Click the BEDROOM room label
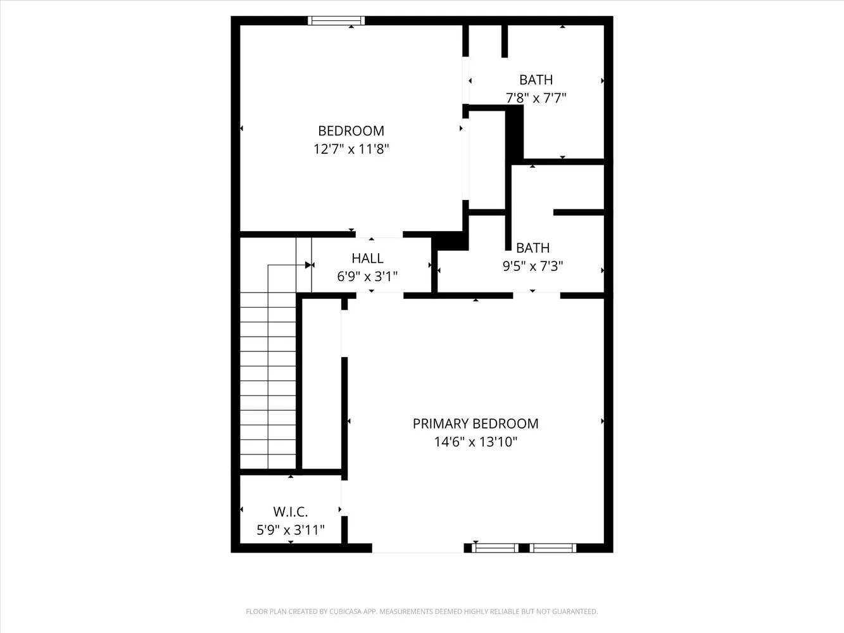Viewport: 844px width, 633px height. (x=351, y=131)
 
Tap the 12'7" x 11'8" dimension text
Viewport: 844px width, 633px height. (x=351, y=149)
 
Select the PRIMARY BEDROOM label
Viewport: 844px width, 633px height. (x=476, y=423)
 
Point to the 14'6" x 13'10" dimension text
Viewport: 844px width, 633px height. (x=476, y=442)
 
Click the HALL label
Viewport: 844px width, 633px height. (x=367, y=258)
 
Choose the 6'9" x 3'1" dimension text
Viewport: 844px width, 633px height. (x=367, y=277)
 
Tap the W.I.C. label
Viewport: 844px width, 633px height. (x=291, y=512)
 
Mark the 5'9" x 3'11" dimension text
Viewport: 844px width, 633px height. (x=291, y=530)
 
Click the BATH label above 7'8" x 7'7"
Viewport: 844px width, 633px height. (x=536, y=80)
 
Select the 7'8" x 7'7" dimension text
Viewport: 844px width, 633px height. (x=536, y=98)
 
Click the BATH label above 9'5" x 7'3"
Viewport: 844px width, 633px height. (x=532, y=248)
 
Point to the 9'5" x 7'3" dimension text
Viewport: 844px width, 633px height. (x=532, y=266)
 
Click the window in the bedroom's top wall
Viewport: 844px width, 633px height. (x=336, y=20)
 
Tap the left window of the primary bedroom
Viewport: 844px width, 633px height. (x=495, y=548)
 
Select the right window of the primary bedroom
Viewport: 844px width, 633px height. (x=553, y=548)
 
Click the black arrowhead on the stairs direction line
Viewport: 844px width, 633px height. (x=308, y=265)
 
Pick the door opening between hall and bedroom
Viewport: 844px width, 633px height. (x=379, y=234)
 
